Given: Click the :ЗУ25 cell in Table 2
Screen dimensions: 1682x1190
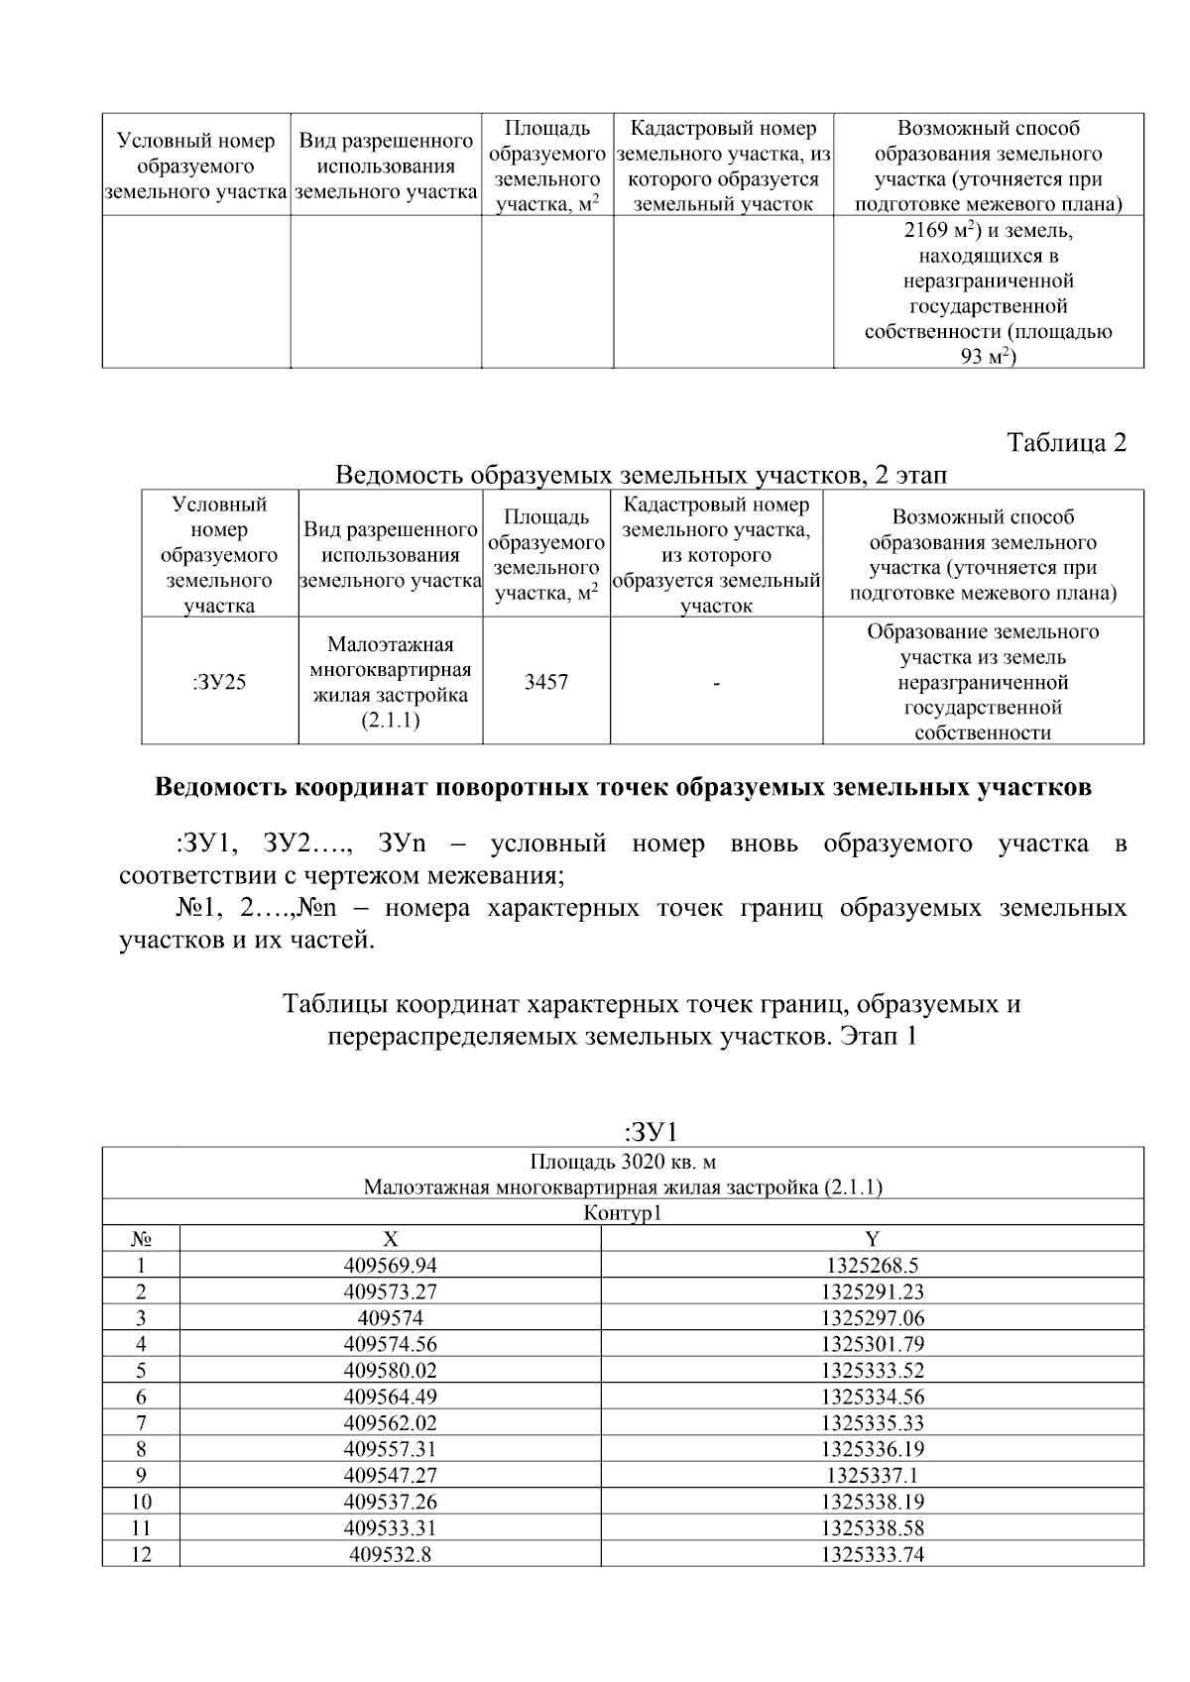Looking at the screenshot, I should point(219,682).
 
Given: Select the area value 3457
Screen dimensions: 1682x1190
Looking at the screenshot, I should point(546,682).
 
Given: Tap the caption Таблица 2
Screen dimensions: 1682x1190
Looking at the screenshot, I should point(1067,442).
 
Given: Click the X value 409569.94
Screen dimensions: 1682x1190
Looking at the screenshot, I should point(390,1265).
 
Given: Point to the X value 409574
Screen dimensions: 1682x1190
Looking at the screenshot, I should point(390,1317).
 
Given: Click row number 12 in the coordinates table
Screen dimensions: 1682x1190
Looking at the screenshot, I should point(141,1553).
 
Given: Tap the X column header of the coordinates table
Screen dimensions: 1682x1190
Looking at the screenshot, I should point(390,1238).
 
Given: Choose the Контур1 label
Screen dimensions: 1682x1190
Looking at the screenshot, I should point(623,1212).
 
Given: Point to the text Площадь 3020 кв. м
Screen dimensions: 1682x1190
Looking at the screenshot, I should point(623,1161).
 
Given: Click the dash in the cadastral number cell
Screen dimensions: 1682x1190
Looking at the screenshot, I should point(716,683).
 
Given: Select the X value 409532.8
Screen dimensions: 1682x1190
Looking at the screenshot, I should point(390,1553).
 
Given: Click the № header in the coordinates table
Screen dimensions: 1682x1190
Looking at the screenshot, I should point(141,1238).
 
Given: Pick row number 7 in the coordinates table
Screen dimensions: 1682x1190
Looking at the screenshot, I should point(141,1422).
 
